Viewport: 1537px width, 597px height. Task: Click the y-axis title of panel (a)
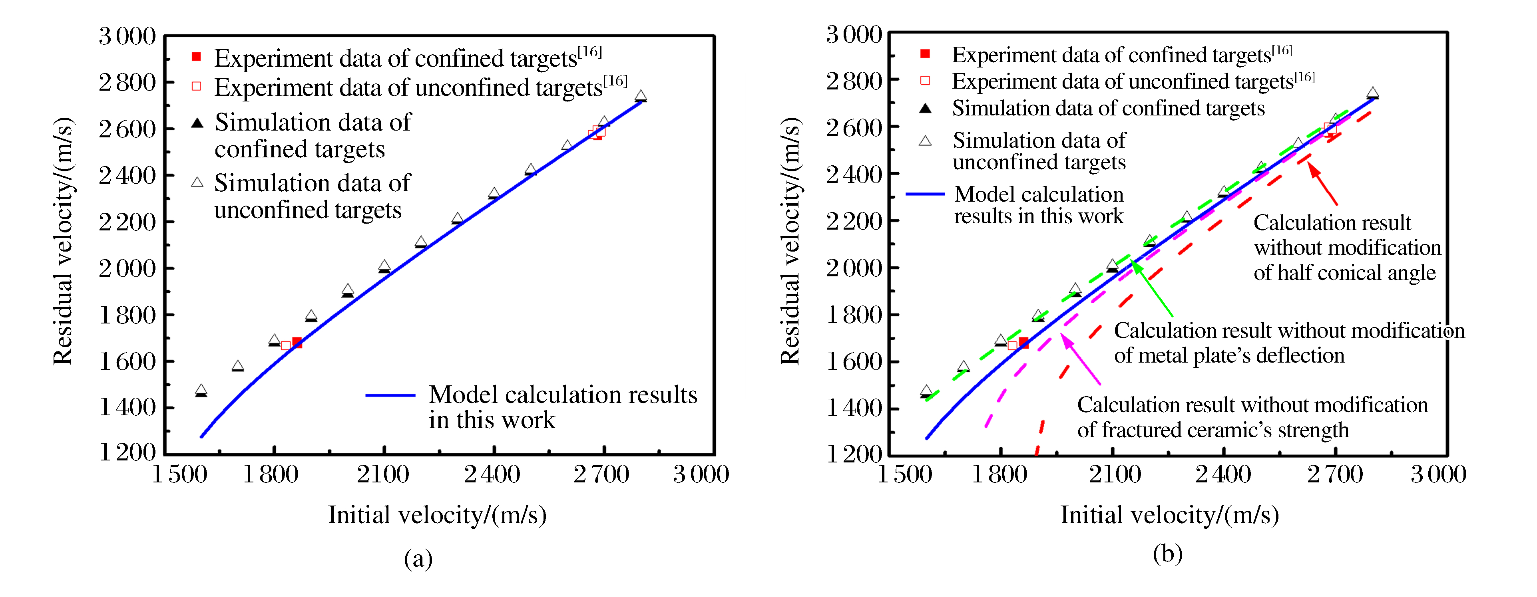[63, 242]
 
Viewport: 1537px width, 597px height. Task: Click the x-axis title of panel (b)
[1169, 515]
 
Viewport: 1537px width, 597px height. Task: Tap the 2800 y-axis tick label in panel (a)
[127, 82]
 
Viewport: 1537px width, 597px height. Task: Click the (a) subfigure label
[418, 559]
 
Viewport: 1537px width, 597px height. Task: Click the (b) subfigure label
[1167, 554]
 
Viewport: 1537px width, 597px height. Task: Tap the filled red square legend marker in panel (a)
[196, 57]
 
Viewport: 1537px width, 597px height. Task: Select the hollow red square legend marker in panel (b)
[925, 81]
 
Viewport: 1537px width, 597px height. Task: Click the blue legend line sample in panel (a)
[390, 395]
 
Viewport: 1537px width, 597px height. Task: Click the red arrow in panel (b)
[1322, 183]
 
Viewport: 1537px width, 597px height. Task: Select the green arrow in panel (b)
[1152, 289]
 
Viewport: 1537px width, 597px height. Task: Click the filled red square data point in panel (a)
[297, 342]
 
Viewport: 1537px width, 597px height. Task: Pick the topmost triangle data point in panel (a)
[640, 95]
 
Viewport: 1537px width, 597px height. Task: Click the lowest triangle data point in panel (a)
[201, 391]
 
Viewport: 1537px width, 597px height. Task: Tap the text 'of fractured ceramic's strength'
[1212, 430]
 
